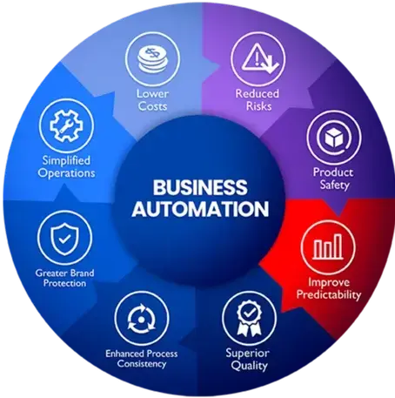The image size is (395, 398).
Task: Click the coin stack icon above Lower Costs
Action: (x=152, y=59)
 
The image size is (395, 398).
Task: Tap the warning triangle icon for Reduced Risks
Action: (x=259, y=58)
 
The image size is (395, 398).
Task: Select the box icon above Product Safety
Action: (x=334, y=138)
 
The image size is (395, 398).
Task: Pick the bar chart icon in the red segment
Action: (x=328, y=246)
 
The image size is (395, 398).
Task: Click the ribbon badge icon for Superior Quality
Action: (x=249, y=319)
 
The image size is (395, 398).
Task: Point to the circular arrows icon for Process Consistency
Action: (x=142, y=319)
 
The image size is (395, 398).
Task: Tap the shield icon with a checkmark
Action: (x=64, y=238)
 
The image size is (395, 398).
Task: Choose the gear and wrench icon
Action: (x=66, y=126)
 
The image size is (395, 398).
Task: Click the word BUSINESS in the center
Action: (x=200, y=187)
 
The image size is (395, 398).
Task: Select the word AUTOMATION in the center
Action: (x=200, y=209)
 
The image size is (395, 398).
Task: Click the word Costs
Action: (x=152, y=106)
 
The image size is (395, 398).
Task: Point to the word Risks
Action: (x=258, y=106)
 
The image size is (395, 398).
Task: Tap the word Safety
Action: (x=334, y=185)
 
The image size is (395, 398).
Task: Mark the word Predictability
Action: (x=329, y=295)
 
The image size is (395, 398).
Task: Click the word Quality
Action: (x=249, y=366)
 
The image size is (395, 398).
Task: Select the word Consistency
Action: (x=142, y=363)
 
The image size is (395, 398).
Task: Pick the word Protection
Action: (x=64, y=283)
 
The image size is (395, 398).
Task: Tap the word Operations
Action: (x=66, y=173)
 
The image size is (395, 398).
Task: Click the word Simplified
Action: (x=66, y=160)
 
